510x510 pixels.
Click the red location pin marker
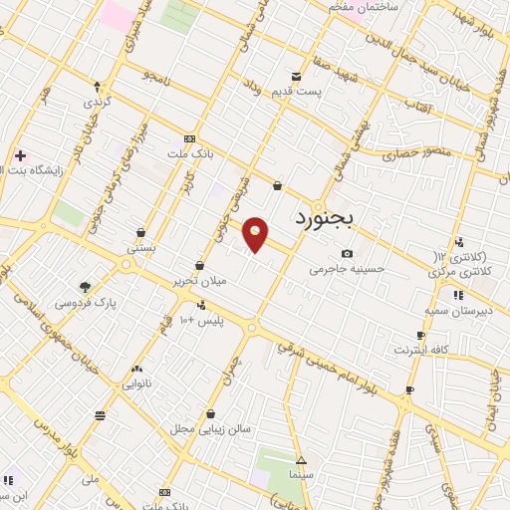257,234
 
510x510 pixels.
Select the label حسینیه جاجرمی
346,269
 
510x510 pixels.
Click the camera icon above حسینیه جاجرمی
346,254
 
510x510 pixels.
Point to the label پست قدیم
295,92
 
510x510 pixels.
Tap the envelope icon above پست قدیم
296,78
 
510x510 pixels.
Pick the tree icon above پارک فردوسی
85,287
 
